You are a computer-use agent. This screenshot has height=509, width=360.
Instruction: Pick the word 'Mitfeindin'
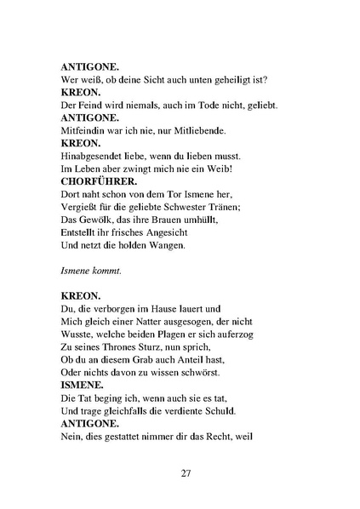[84, 130]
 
